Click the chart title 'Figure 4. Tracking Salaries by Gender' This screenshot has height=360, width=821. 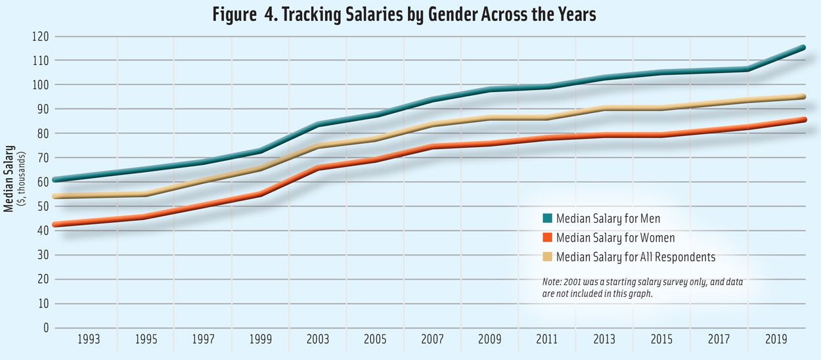(404, 14)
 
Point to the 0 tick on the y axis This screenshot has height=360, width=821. (46, 328)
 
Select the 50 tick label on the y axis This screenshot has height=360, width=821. (43, 206)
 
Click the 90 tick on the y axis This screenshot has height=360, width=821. (43, 109)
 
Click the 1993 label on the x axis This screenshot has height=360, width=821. (89, 340)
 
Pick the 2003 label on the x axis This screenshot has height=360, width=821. (318, 340)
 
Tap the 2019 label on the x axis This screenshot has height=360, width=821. (776, 340)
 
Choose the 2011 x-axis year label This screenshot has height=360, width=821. (547, 340)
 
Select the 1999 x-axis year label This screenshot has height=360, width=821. (261, 340)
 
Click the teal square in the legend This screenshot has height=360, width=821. (547, 218)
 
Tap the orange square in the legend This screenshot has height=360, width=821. (547, 237)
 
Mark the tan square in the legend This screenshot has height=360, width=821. (547, 256)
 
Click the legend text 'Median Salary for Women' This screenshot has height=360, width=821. (615, 237)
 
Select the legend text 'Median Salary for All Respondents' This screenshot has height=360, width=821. (635, 256)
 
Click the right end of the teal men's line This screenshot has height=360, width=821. (803, 47)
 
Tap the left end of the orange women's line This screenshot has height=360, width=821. (56, 225)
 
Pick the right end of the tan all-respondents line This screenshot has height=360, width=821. (803, 97)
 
